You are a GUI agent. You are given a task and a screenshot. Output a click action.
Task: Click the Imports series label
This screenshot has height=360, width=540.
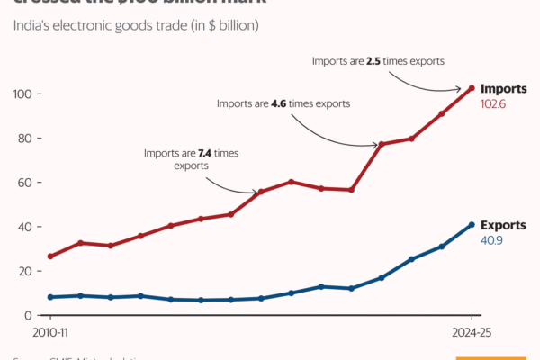503,89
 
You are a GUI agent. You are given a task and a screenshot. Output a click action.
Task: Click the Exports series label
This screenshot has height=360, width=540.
503,225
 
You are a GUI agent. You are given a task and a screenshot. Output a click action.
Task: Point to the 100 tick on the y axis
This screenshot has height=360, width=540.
22,94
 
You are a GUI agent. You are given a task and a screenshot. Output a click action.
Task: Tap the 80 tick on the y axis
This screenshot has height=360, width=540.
25,139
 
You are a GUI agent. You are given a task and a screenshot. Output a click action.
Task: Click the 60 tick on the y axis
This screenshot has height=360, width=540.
25,183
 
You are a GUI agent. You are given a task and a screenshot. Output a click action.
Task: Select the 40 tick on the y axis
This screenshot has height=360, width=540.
25,227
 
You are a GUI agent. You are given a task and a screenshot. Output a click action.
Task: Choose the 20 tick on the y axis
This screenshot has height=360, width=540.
25,271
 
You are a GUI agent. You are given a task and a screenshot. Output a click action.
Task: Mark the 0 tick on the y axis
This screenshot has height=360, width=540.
29,315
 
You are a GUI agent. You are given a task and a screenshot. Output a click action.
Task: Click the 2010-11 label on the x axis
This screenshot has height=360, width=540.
51,331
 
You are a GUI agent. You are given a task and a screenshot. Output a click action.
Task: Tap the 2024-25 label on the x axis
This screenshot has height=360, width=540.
472,331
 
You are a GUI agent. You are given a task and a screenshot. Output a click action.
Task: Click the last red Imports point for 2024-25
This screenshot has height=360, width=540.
472,88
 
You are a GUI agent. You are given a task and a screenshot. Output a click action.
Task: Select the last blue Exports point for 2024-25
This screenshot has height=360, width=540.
472,225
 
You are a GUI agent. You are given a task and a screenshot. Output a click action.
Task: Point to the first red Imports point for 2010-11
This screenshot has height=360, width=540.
51,256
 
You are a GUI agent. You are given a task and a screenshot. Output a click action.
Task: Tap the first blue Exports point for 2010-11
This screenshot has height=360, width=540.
51,297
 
